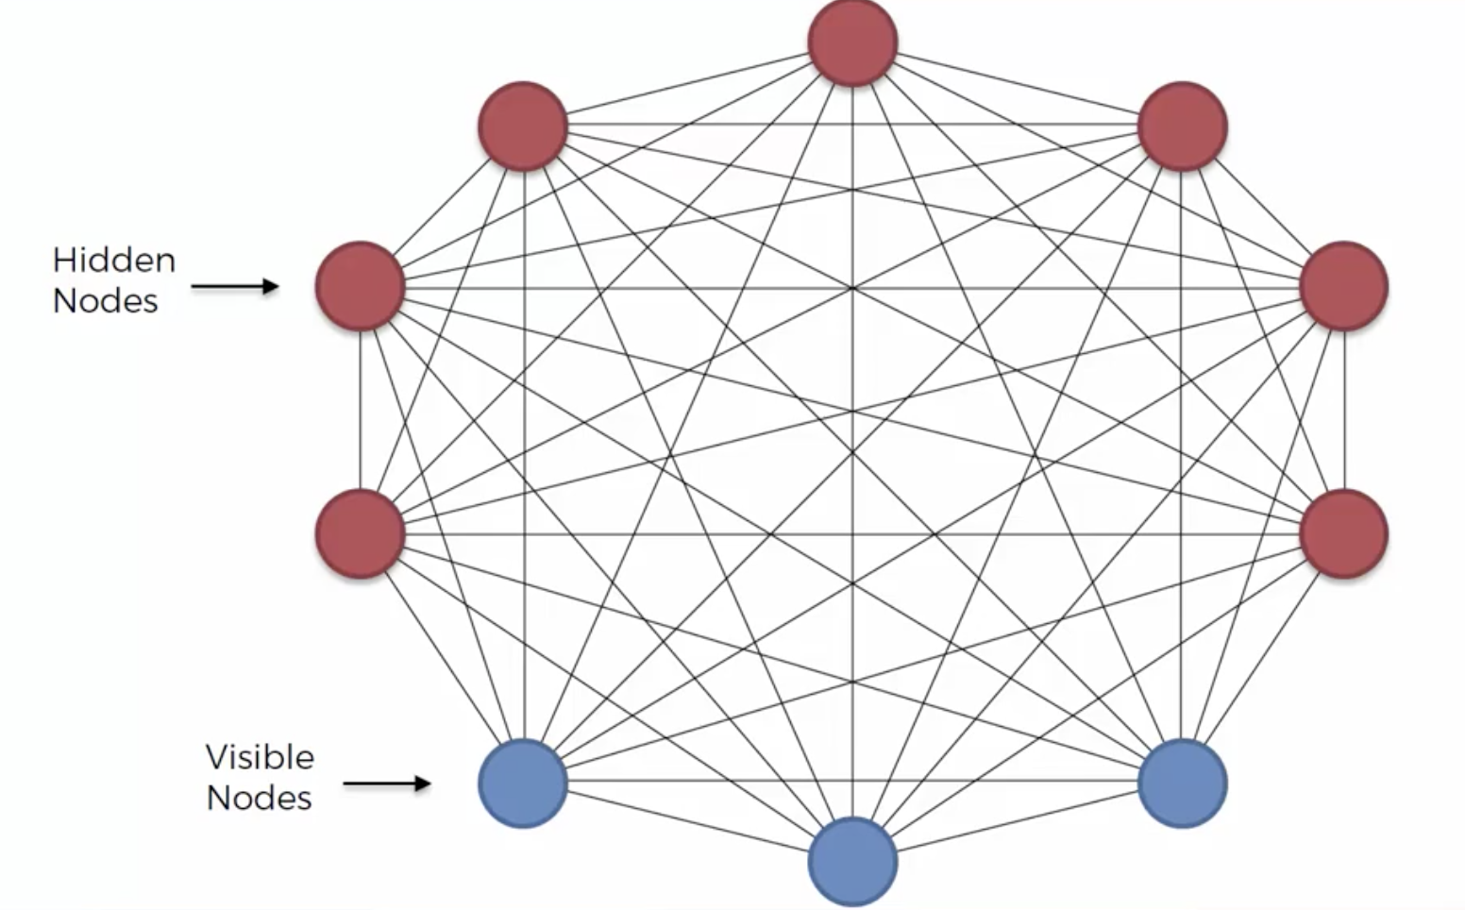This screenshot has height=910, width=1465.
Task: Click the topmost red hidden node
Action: (852, 42)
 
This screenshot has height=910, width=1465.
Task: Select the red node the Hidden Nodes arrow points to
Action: (360, 286)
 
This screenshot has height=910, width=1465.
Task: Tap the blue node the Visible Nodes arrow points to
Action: (523, 784)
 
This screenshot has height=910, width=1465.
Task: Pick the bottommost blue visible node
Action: (852, 861)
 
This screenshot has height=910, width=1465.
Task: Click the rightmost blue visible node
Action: (1183, 784)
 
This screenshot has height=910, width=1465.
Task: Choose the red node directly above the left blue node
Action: (523, 126)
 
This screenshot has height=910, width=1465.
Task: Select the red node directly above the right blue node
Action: (1183, 126)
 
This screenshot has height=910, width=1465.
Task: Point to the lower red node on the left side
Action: (360, 533)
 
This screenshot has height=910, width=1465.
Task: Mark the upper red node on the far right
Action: (1343, 286)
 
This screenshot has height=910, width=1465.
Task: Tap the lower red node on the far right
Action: (1343, 533)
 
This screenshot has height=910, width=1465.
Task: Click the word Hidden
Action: (114, 261)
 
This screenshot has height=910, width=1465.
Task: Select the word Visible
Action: (260, 757)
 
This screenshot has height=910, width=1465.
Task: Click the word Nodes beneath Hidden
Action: (105, 301)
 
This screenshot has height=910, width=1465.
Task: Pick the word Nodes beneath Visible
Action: (260, 799)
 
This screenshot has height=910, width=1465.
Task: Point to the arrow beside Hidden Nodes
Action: (235, 286)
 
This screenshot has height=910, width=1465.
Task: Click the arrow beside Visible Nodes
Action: (387, 784)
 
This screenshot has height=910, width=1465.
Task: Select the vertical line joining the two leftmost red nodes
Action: (360, 410)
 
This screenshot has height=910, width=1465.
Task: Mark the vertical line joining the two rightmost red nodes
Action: (1344, 410)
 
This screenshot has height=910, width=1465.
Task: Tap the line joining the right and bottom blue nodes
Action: (1018, 822)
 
